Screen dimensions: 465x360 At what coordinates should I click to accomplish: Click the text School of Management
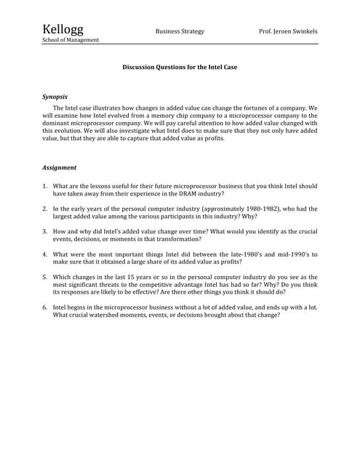71,40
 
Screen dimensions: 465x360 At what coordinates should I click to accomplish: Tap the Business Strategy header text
180,32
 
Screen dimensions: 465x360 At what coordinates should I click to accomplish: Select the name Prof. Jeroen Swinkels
289,32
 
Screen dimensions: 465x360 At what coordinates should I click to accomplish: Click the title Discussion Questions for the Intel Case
180,67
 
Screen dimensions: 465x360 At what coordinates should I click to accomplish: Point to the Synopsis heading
55,97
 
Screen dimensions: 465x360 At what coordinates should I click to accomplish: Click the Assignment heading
60,168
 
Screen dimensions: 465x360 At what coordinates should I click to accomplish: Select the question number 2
44,209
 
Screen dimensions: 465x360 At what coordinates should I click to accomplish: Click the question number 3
44,231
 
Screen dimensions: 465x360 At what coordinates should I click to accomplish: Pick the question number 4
44,254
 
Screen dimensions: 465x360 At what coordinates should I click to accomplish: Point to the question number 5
44,277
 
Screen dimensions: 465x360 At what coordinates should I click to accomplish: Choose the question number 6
44,307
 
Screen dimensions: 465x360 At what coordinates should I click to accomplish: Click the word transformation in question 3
177,239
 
